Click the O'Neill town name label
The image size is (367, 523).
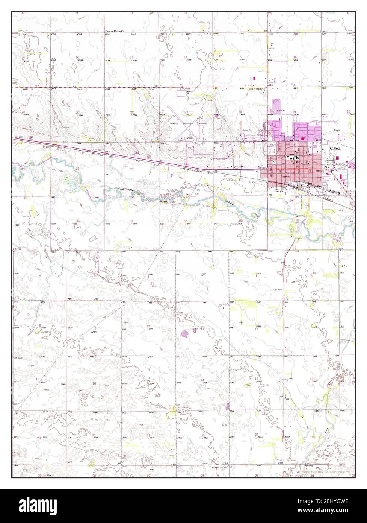pyautogui.click(x=335, y=149)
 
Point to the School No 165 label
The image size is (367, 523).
pyautogui.click(x=219, y=467)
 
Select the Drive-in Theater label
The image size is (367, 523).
pyautogui.click(x=255, y=89)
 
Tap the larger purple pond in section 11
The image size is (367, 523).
pyautogui.click(x=184, y=333)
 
